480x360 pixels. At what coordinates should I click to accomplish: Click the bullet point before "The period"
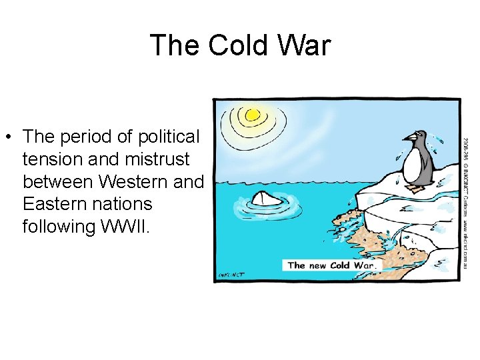pyautogui.click(x=9, y=138)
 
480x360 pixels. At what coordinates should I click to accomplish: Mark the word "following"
pyautogui.click(x=58, y=226)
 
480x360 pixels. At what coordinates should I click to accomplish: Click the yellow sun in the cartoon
pyautogui.click(x=252, y=115)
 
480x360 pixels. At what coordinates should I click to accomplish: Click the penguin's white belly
pyautogui.click(x=415, y=163)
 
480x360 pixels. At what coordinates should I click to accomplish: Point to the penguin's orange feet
pyautogui.click(x=416, y=189)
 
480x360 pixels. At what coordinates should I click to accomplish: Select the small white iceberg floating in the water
pyautogui.click(x=265, y=198)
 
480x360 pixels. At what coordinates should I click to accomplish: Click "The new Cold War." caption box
pyautogui.click(x=332, y=265)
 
